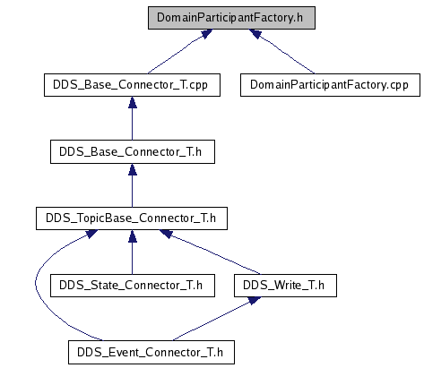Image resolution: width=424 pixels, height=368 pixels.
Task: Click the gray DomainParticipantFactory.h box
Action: click(231, 18)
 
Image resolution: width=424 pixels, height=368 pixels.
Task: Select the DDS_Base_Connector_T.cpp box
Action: click(132, 85)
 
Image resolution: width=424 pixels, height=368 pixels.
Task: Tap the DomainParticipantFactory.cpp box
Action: click(330, 85)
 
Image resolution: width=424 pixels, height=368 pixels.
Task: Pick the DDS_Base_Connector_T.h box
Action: click(133, 151)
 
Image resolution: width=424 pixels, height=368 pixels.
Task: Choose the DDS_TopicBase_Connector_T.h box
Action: click(132, 218)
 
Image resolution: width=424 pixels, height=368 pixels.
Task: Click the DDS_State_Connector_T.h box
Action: click(133, 286)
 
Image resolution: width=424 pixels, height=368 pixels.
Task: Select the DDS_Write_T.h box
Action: click(285, 286)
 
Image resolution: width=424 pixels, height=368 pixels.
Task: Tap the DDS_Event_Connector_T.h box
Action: click(151, 352)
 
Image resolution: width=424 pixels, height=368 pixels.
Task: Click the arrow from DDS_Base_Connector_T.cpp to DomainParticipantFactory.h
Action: click(180, 51)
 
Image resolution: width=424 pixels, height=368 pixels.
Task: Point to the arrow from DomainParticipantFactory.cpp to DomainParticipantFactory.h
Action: click(281, 51)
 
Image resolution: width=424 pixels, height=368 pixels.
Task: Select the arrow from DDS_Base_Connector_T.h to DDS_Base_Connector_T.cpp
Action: click(133, 118)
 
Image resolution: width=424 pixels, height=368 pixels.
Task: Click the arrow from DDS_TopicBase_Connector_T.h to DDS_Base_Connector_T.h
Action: click(133, 185)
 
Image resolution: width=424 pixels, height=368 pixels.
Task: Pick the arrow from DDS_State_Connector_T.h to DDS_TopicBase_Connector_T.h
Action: click(133, 252)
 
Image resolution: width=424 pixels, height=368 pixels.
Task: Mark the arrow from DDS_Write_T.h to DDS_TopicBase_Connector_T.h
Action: click(210, 252)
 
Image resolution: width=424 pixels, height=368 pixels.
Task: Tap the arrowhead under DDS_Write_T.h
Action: click(255, 300)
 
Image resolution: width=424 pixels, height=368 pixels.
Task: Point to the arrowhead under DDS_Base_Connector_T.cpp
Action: click(133, 102)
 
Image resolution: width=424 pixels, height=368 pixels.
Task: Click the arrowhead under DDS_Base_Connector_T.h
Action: click(133, 169)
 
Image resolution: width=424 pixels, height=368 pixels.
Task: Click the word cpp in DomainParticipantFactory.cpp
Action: click(399, 86)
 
